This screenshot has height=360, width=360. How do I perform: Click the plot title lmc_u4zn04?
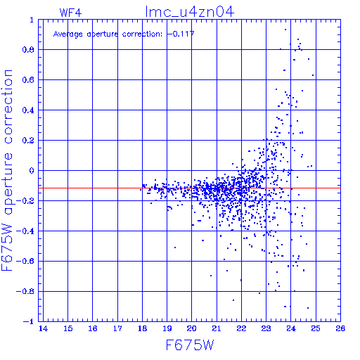click(190, 12)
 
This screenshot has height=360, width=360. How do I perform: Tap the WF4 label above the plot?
click(70, 13)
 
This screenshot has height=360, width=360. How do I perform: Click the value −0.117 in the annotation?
click(181, 34)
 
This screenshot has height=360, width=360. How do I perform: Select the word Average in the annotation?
click(68, 34)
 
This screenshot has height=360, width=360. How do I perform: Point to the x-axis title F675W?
click(190, 345)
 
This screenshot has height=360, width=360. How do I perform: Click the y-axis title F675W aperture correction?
click(7, 170)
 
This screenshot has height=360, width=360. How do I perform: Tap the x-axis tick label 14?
click(43, 328)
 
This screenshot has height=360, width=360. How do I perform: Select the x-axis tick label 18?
click(142, 328)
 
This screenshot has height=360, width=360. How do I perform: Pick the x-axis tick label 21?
click(217, 328)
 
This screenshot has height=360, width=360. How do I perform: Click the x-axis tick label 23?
click(266, 328)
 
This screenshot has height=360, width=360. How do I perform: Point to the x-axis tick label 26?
click(340, 328)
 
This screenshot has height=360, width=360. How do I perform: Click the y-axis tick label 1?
click(32, 20)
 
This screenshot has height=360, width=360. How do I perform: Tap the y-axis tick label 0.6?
click(28, 80)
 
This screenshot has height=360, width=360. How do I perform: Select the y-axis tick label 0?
click(32, 171)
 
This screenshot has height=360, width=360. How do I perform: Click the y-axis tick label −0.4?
click(25, 231)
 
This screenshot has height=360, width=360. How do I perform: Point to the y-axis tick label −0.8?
click(25, 292)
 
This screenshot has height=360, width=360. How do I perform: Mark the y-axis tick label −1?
click(29, 321)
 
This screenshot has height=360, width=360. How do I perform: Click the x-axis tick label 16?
click(93, 328)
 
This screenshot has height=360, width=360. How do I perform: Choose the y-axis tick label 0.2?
click(28, 141)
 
